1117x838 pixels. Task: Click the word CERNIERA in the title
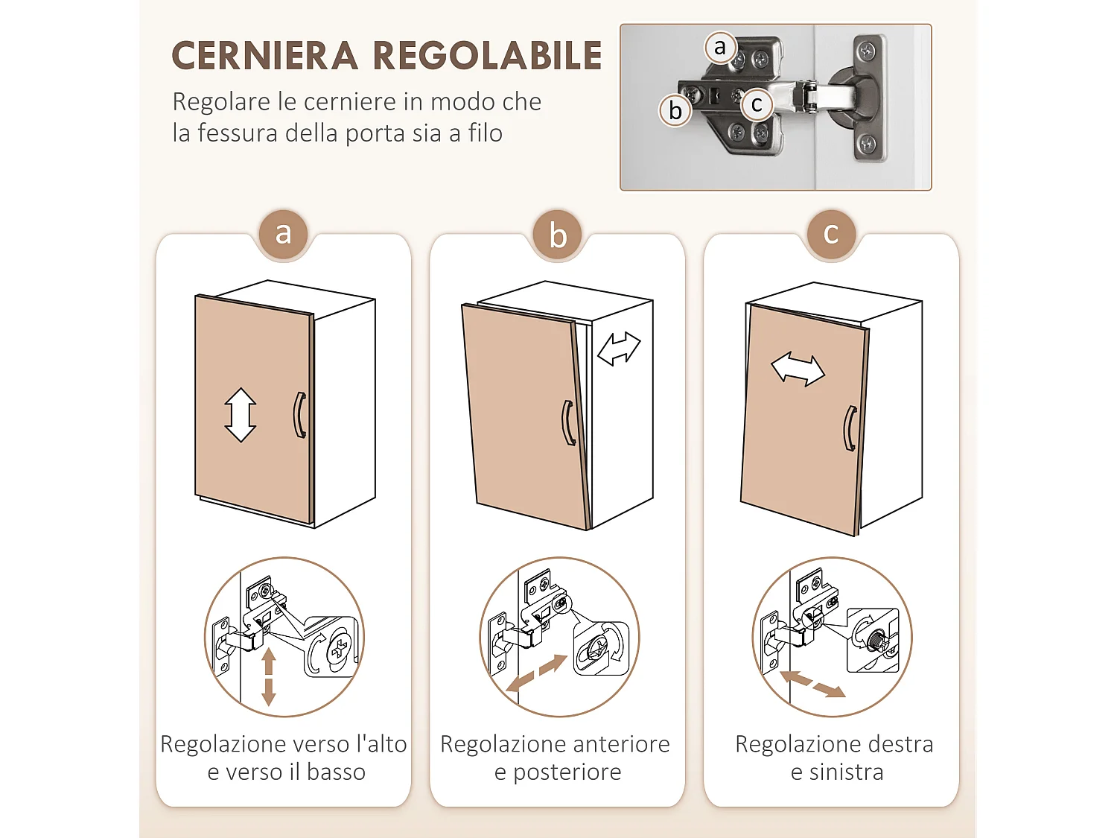[x=264, y=56]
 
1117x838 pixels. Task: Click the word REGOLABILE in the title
[x=487, y=56]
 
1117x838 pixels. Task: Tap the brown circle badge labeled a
[x=283, y=234]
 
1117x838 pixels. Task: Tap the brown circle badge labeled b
[x=558, y=235]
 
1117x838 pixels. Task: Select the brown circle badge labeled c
[x=831, y=234]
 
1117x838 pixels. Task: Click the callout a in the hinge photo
[x=719, y=47]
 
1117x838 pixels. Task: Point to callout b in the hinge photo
[x=675, y=110]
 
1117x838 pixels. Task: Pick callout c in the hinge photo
[x=757, y=104]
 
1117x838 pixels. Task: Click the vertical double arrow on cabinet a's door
[x=241, y=415]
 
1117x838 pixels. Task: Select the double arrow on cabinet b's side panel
[x=619, y=348]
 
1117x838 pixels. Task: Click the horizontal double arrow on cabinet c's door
[x=798, y=369]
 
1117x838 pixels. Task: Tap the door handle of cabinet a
[x=300, y=415]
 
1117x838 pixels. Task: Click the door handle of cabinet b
[x=568, y=423]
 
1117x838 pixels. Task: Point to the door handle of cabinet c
[x=850, y=428]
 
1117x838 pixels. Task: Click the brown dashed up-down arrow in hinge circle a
[x=269, y=676]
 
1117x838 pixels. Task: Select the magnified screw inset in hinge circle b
[x=601, y=648]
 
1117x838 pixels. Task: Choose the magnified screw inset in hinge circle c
[x=873, y=640]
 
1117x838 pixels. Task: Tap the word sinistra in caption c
[x=846, y=772]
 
